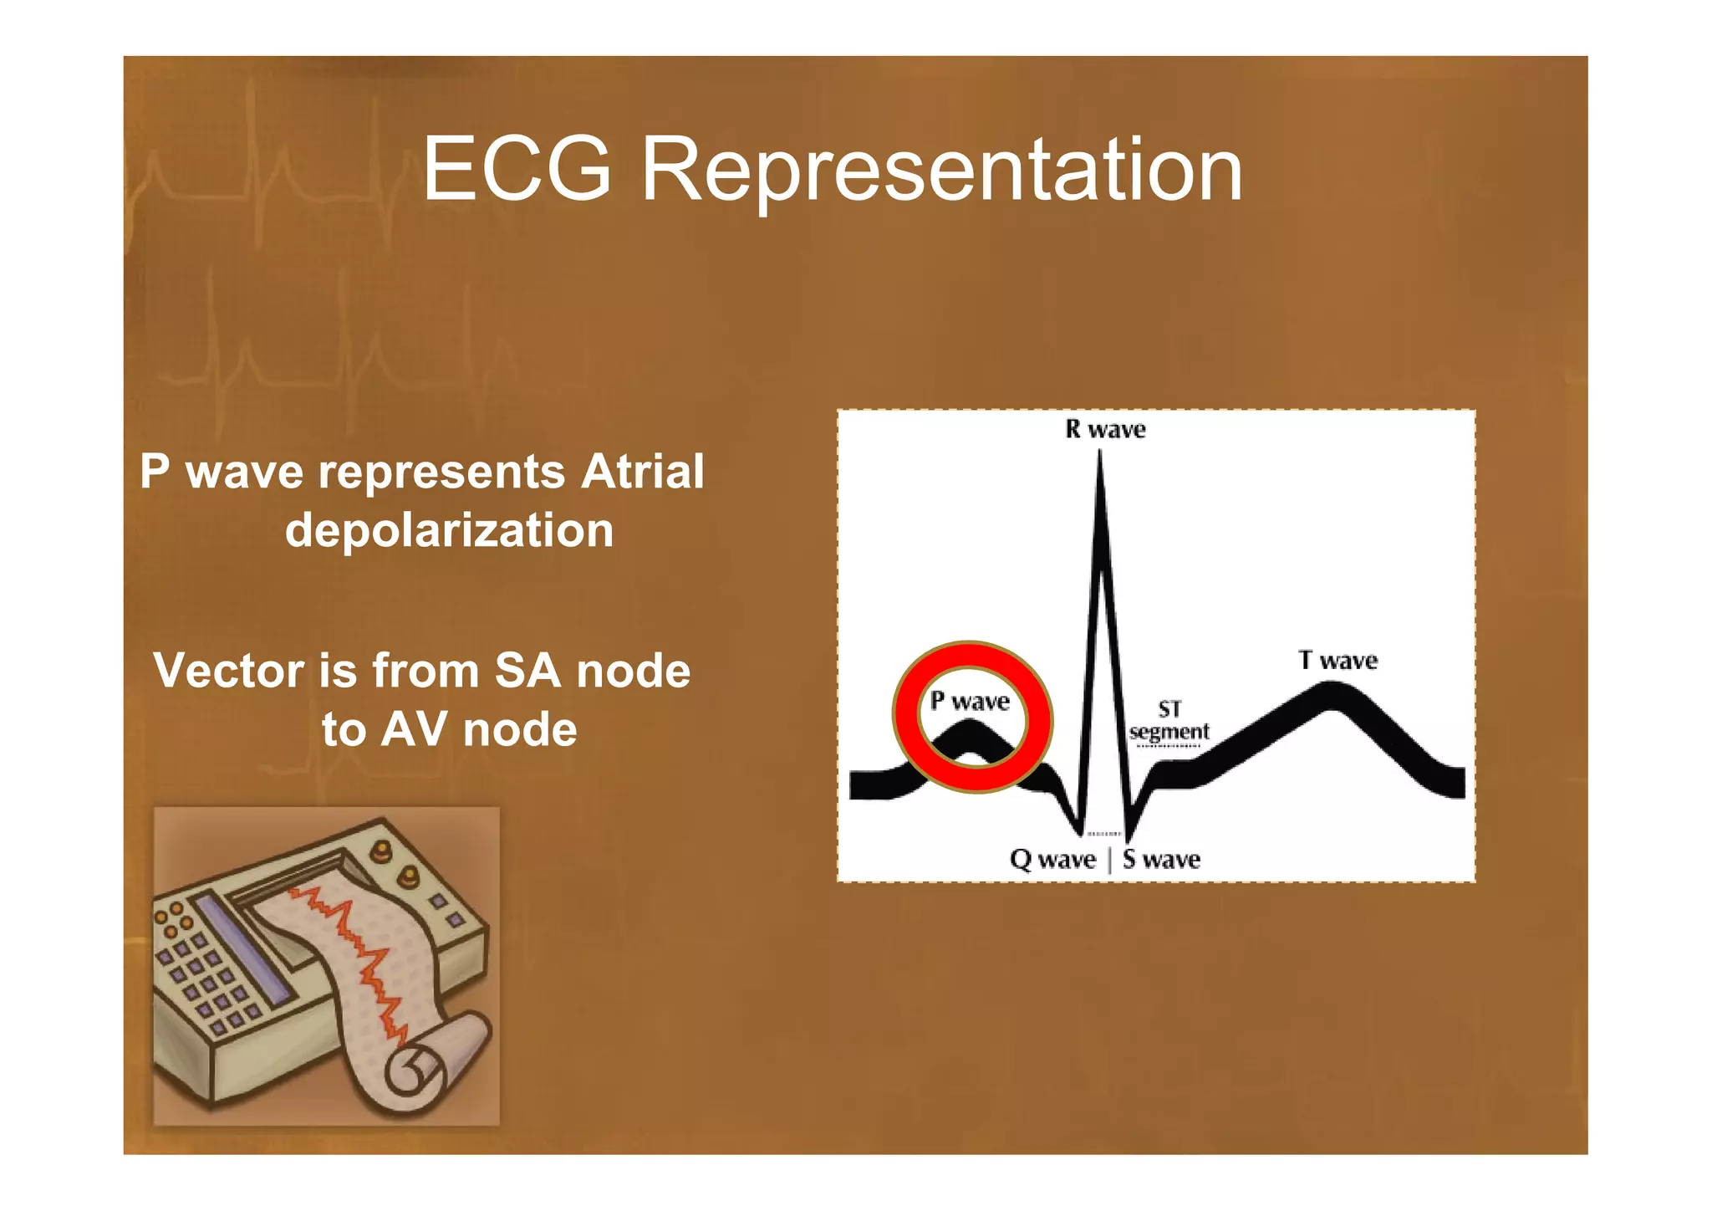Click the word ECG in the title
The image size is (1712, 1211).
(x=517, y=170)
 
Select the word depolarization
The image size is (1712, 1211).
(x=449, y=530)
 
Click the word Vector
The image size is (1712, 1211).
(x=228, y=671)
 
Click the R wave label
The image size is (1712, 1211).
(x=1105, y=430)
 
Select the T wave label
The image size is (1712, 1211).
(x=1337, y=661)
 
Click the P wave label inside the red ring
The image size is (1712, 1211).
(x=970, y=701)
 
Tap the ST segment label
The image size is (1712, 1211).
(x=1169, y=721)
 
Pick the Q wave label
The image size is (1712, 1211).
(x=1052, y=860)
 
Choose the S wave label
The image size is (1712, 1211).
(x=1162, y=860)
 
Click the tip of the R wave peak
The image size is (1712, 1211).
(x=1100, y=456)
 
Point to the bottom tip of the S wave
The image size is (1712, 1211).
(x=1128, y=839)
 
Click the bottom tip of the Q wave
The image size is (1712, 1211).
(x=1081, y=833)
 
